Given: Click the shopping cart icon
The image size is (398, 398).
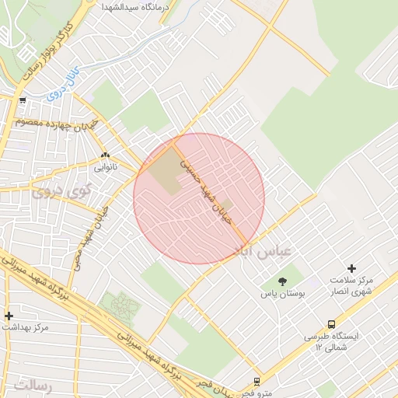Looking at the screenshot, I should pyautogui.click(x=23, y=99).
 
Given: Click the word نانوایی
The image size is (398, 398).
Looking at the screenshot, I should pyautogui.click(x=105, y=167).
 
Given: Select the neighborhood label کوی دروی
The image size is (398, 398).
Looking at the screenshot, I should pyautogui.click(x=60, y=190).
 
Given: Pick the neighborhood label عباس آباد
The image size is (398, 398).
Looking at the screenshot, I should pyautogui.click(x=261, y=250).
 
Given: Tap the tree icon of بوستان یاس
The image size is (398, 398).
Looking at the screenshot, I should pyautogui.click(x=281, y=281).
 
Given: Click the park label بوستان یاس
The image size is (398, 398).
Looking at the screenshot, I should pyautogui.click(x=282, y=295).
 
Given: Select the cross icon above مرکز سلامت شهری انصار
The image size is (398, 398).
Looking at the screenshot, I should pyautogui.click(x=351, y=268).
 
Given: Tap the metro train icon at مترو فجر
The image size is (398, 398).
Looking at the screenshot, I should pyautogui.click(x=257, y=382).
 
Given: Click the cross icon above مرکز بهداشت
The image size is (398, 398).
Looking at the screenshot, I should pyautogui.click(x=9, y=316).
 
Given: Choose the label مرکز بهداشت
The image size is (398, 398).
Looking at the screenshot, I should pyautogui.click(x=25, y=327).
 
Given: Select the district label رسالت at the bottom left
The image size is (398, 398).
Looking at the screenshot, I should pyautogui.click(x=32, y=386).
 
